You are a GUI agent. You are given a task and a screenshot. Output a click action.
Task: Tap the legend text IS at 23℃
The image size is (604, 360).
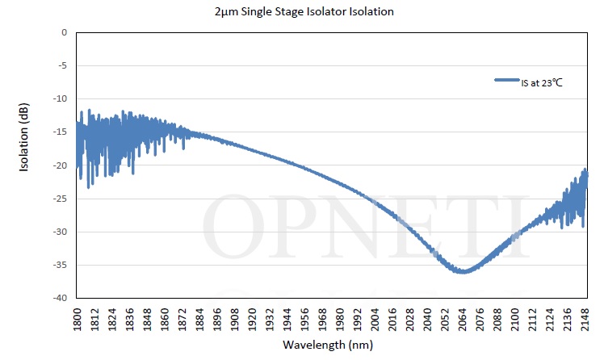pos(541,82)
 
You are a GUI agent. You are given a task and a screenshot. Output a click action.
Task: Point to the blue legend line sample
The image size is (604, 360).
pos(506,81)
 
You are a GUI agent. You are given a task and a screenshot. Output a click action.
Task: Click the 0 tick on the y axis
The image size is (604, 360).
pos(65,32)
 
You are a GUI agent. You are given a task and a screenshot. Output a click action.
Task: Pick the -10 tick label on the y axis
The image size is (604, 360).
pos(60,98)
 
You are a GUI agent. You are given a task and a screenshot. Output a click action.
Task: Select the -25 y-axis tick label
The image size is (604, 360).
pos(60,199)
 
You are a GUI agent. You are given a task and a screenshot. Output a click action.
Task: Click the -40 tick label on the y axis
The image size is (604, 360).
pos(60,298)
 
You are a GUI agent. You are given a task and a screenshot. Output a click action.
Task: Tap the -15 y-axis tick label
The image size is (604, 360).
pos(60,132)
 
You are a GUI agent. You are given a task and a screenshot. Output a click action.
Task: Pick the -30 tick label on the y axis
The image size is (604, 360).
pos(60,232)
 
